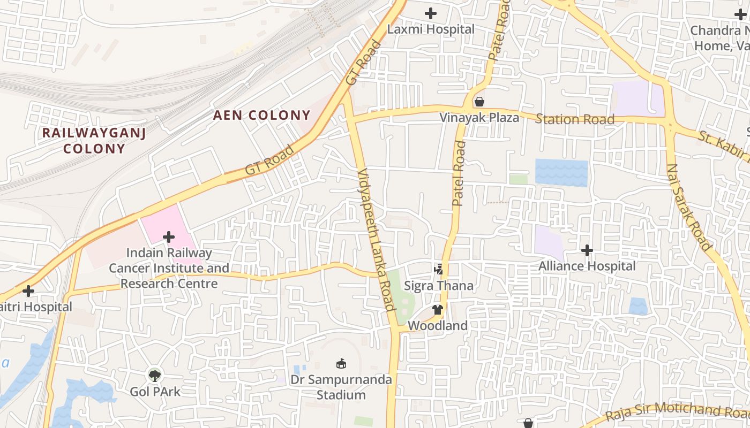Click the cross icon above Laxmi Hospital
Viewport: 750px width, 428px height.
(431, 13)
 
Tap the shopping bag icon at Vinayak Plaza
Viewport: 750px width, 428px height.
(479, 102)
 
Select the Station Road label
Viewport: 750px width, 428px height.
(575, 119)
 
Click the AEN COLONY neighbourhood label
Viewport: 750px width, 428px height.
(262, 115)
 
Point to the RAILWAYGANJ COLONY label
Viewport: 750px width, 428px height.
(94, 141)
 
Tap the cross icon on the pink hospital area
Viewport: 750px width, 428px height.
(169, 236)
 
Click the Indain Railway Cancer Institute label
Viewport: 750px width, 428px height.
(169, 268)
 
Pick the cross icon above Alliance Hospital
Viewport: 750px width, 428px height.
(587, 250)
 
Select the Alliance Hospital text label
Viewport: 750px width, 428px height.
(587, 266)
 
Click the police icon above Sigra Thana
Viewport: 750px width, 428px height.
(439, 269)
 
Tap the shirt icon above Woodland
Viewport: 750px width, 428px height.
(438, 309)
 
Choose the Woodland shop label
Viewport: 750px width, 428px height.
(438, 325)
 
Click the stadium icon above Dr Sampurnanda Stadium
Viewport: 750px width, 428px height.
(341, 364)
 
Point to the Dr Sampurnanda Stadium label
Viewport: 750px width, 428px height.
(341, 387)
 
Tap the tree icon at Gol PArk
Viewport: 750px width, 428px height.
(155, 376)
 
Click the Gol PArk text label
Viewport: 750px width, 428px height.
(155, 392)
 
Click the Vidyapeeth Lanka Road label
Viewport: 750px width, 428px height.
(377, 239)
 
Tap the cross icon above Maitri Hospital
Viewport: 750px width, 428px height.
(28, 291)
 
